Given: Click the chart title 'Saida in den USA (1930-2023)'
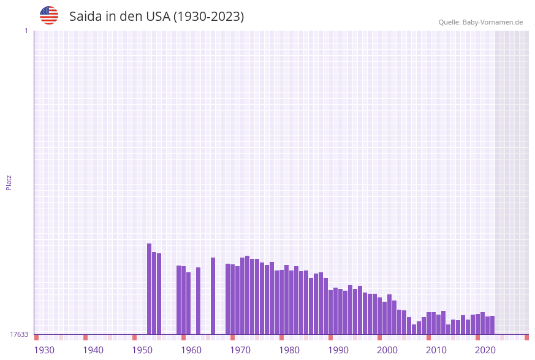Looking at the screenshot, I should tap(156, 17).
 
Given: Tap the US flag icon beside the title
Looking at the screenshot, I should tap(49, 15).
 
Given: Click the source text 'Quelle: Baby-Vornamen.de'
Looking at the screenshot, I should tap(480, 22).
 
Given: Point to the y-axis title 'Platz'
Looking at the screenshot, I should tap(9, 182).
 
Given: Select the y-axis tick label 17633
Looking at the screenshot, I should tap(19, 334).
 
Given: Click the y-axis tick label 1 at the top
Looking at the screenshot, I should tap(26, 31).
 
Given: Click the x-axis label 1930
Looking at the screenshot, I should tap(44, 350).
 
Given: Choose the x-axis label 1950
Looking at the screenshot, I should tap(142, 350).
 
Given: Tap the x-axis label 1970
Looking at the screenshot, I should tap(240, 350).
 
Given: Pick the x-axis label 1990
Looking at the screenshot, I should tap(338, 350).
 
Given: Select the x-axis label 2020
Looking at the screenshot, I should tap(485, 350).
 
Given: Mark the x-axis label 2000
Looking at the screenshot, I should tap(387, 350).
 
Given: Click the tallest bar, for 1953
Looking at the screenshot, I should tap(149, 289).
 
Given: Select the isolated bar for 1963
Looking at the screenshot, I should tap(198, 301).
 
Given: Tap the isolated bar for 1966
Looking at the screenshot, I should tap(213, 296).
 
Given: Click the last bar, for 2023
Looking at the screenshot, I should tap(492, 325).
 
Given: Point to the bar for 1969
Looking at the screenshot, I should tap(227, 299).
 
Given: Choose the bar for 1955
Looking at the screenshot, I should tap(159, 294).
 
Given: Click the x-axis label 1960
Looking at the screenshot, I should tap(191, 350).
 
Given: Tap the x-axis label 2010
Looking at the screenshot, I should tap(436, 350).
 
